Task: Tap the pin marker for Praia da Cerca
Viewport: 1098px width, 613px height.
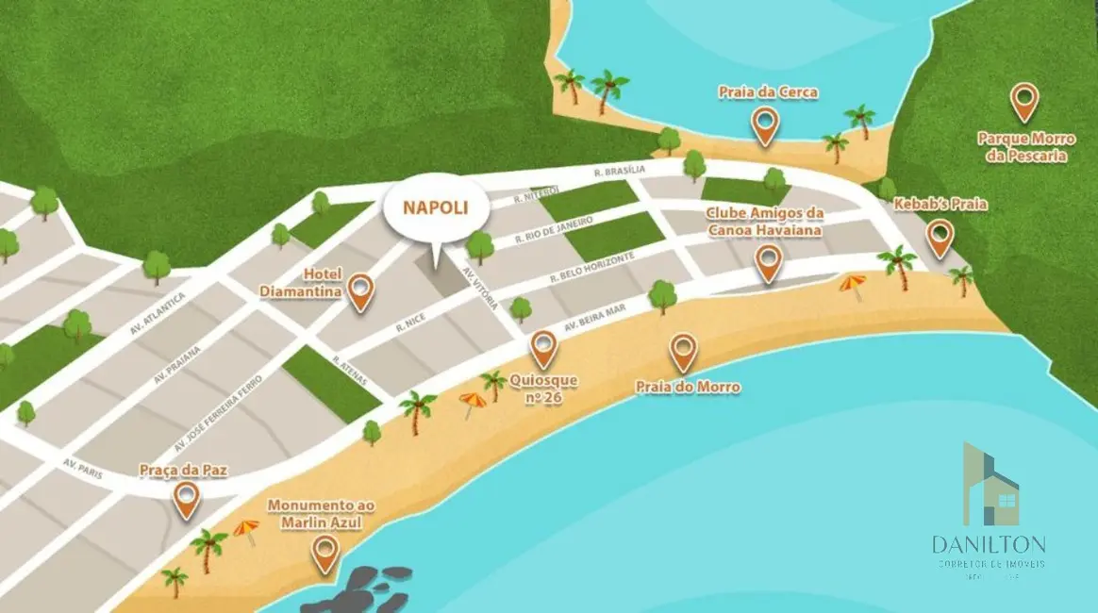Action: pos(764,124)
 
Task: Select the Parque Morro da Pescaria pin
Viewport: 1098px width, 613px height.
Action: pos(1023,99)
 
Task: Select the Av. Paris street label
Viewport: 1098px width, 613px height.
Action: pos(82,465)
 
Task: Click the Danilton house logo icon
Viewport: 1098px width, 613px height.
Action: pos(990,485)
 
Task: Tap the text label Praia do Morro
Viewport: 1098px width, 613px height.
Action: pos(687,387)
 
